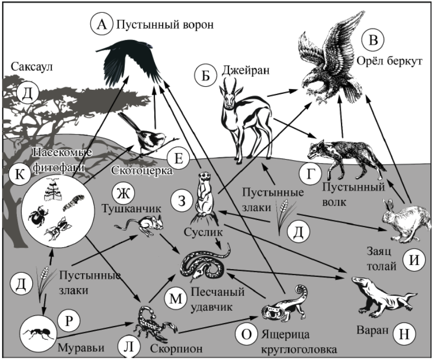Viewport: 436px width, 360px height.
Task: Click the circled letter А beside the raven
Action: (102, 25)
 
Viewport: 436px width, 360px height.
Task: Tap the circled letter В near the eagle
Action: (372, 40)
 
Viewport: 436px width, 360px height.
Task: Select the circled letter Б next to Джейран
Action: (206, 75)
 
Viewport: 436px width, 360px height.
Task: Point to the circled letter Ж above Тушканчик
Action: (124, 193)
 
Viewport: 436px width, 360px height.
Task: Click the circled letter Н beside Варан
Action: (404, 333)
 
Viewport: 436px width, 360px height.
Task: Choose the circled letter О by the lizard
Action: (246, 334)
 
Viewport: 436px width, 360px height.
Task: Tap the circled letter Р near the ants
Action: (69, 322)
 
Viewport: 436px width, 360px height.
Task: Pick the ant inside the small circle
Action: (38, 333)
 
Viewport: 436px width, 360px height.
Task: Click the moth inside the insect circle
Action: (54, 190)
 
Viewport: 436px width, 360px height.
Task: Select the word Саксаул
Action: (32, 67)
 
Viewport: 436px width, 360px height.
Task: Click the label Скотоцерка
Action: (142, 170)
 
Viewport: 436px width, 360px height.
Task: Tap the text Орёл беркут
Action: (389, 61)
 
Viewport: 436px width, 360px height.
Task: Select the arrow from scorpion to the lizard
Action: (218, 324)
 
